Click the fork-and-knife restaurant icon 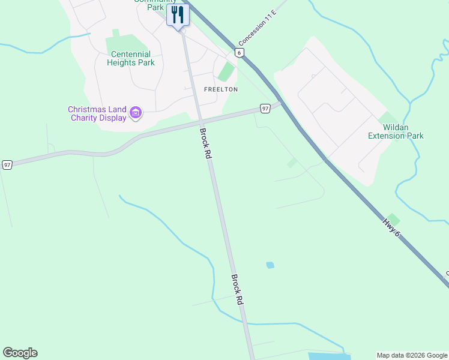pyautogui.click(x=178, y=14)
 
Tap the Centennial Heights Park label pyautogui.click(x=131, y=58)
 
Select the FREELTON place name pyautogui.click(x=221, y=89)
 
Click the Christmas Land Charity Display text pyautogui.click(x=97, y=113)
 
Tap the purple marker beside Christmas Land pyautogui.click(x=136, y=113)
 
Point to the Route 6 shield pyautogui.click(x=240, y=53)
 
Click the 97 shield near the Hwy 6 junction pyautogui.click(x=265, y=109)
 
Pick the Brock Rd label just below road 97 pyautogui.click(x=206, y=143)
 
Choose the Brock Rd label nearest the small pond pyautogui.click(x=238, y=290)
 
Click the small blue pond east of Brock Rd pyautogui.click(x=270, y=265)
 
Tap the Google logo pyautogui.click(x=20, y=353)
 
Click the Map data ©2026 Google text pyautogui.click(x=412, y=355)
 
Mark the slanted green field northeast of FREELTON pyautogui.click(x=226, y=71)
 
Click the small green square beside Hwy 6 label pyautogui.click(x=393, y=220)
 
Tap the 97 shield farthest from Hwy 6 pyautogui.click(x=7, y=164)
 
